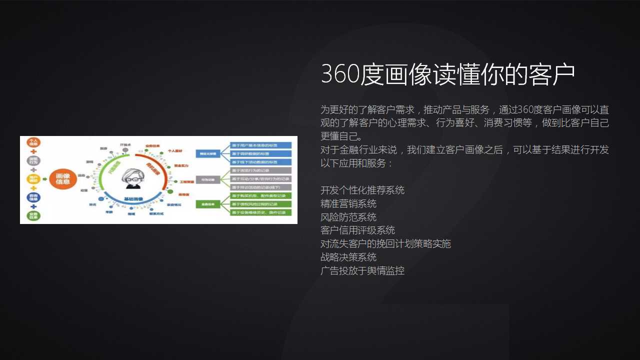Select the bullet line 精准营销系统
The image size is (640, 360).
coord(348,203)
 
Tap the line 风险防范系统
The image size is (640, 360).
coord(348,217)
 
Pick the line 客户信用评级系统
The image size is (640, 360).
coord(357,230)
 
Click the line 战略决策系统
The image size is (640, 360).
coord(348,257)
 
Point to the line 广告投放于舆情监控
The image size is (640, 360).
coord(362,270)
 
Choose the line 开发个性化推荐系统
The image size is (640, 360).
coord(362,190)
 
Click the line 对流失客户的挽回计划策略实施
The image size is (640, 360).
coord(385,243)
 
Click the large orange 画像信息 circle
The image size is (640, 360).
coord(63,178)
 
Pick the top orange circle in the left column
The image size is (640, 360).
coord(33,142)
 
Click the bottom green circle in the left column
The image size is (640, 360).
coord(33,216)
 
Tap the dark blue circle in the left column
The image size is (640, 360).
coord(33,197)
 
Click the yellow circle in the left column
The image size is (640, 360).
coord(33,179)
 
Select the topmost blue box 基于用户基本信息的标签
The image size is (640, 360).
coord(260,145)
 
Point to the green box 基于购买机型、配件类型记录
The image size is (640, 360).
coord(260,195)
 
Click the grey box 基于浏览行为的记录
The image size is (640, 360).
coord(260,170)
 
